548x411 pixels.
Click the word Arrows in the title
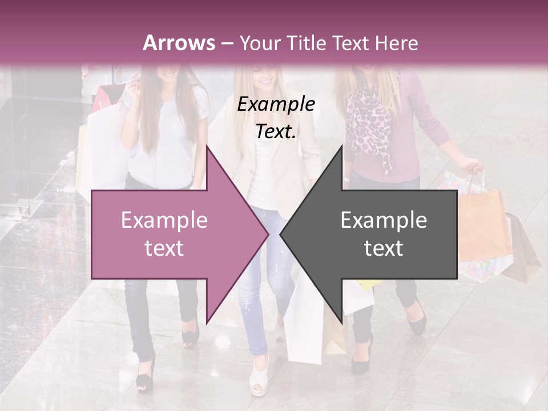pos(179,43)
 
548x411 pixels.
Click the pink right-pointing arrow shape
pos(171,234)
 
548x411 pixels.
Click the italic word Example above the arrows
pos(276,104)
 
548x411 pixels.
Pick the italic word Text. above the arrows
pos(276,132)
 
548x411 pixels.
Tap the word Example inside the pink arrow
pos(164,220)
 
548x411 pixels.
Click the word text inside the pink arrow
pos(164,248)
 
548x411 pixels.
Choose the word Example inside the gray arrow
pos(384,220)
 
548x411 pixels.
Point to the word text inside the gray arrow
pos(384,248)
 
